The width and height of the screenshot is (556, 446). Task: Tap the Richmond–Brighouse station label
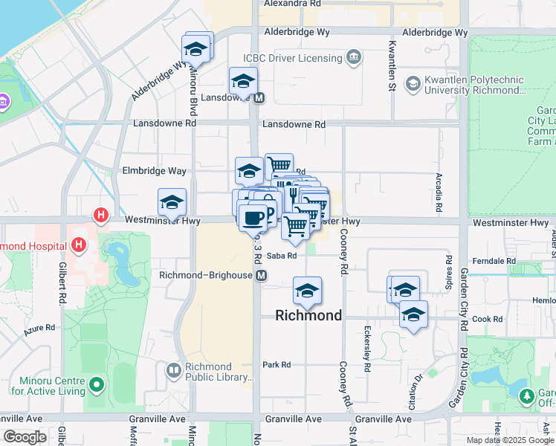[206, 275]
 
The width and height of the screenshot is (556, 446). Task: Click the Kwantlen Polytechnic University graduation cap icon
[412, 83]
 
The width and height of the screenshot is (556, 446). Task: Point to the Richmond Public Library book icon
[173, 369]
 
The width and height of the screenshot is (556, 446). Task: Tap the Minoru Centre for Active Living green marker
[95, 385]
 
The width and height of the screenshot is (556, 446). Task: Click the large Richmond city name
[308, 315]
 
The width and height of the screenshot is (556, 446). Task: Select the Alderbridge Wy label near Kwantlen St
[434, 33]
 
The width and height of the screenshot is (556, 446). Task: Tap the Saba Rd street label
[282, 256]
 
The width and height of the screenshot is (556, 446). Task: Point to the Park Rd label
[276, 364]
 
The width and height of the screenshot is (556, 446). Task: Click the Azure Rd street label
[39, 327]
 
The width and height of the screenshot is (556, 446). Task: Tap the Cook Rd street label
[487, 319]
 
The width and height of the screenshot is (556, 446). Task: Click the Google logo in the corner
[25, 437]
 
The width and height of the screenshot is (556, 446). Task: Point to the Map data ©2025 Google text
[509, 440]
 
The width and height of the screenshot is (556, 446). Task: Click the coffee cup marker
[253, 217]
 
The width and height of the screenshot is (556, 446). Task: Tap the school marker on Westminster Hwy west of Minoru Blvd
[172, 202]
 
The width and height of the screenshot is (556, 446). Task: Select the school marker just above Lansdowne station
[243, 81]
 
